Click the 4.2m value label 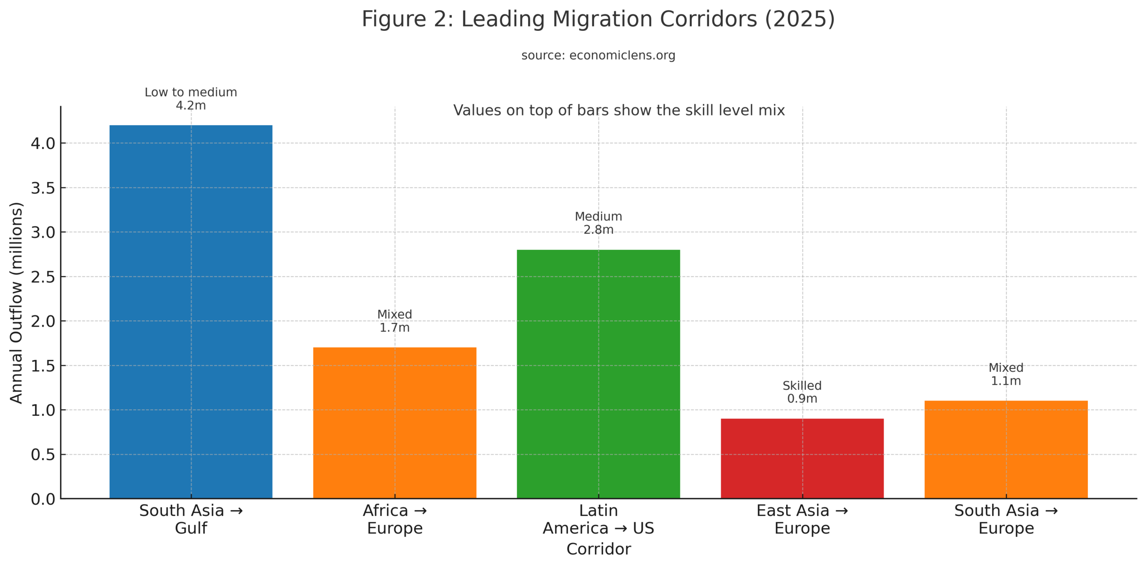pyautogui.click(x=191, y=106)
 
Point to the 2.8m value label pyautogui.click(x=598, y=230)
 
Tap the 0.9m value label pyautogui.click(x=802, y=398)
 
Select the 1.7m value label pyautogui.click(x=394, y=328)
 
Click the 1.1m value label pyautogui.click(x=1006, y=381)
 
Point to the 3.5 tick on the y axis pyautogui.click(x=43, y=188)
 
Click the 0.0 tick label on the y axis pyautogui.click(x=43, y=499)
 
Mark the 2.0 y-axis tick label pyautogui.click(x=43, y=321)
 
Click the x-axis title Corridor pyautogui.click(x=598, y=549)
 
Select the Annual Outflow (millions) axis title pyautogui.click(x=16, y=303)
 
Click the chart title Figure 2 pyautogui.click(x=598, y=19)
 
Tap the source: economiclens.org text pyautogui.click(x=598, y=55)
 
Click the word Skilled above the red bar pyautogui.click(x=802, y=385)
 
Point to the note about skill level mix pyautogui.click(x=619, y=110)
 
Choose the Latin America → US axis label pyautogui.click(x=598, y=519)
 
